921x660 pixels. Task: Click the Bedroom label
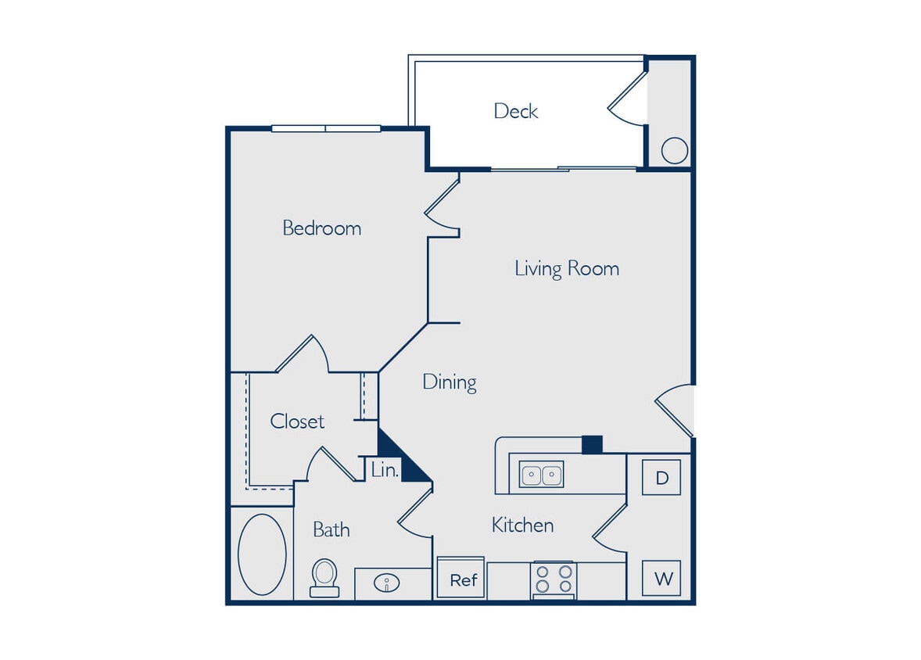click(x=321, y=228)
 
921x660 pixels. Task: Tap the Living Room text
click(x=566, y=268)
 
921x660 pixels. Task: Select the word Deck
click(x=515, y=111)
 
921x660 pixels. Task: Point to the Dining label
click(x=450, y=382)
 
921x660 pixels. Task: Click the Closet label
click(x=297, y=421)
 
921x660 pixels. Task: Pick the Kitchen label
click(x=522, y=525)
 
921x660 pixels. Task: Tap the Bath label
click(x=331, y=529)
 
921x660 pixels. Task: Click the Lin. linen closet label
click(x=385, y=471)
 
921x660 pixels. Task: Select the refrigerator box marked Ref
click(x=462, y=580)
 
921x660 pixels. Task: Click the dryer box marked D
click(x=661, y=478)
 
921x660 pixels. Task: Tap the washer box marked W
click(x=661, y=579)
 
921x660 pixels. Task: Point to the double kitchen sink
click(x=541, y=475)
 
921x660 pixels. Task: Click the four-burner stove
click(x=553, y=580)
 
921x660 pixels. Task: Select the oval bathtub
click(x=262, y=554)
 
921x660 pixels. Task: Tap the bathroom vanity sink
click(x=387, y=583)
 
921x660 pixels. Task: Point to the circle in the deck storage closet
click(x=674, y=150)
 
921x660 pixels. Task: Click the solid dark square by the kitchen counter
click(x=592, y=444)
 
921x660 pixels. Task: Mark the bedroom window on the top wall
click(x=326, y=128)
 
